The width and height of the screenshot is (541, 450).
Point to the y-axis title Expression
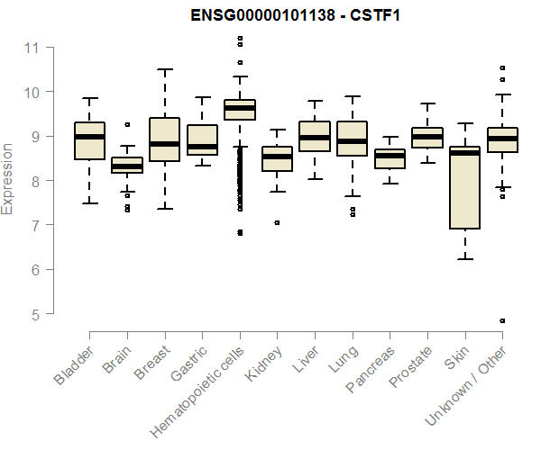(x=8, y=178)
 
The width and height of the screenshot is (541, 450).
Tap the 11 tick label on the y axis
(x=32, y=47)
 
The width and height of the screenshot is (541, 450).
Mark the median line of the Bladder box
(x=89, y=136)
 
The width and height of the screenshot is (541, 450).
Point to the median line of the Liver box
(x=315, y=137)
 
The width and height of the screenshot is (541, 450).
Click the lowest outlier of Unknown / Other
(x=501, y=320)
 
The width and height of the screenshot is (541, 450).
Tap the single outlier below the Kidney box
(x=277, y=222)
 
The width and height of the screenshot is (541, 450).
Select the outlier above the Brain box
(x=127, y=124)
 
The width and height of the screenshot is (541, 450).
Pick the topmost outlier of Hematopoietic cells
(x=239, y=38)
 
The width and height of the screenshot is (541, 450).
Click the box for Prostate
(x=426, y=138)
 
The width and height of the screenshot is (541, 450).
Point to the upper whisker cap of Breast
(x=164, y=69)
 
